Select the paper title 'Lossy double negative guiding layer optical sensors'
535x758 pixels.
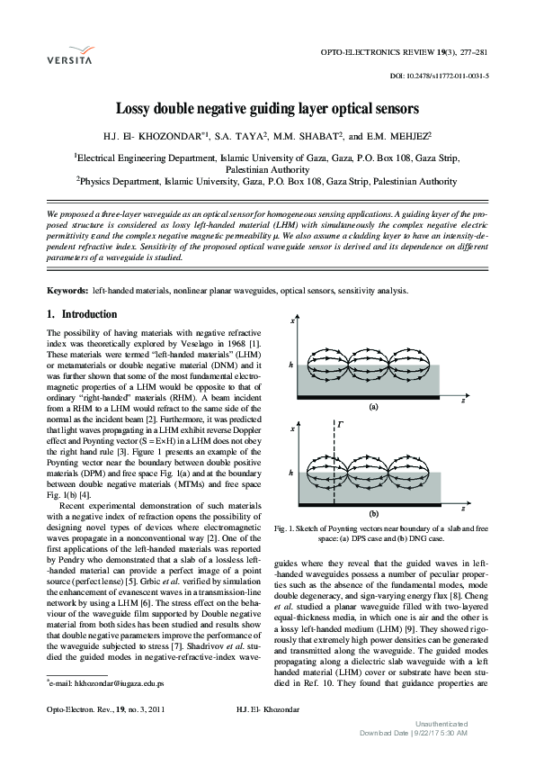click(267, 109)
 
